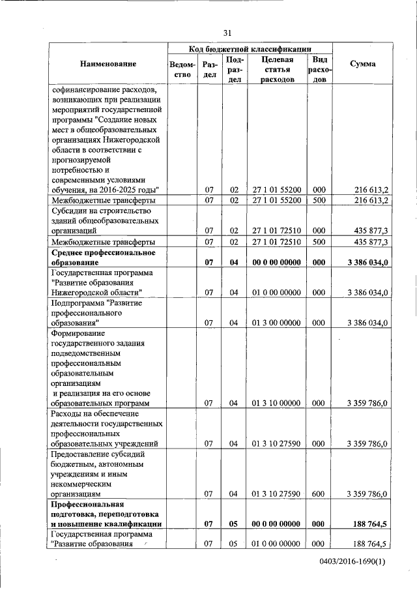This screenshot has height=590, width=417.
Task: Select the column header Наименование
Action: (x=108, y=64)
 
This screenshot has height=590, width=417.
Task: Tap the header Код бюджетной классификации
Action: (x=250, y=49)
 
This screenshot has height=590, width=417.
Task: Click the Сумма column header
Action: (x=362, y=64)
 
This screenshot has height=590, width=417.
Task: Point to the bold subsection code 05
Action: (x=235, y=524)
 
